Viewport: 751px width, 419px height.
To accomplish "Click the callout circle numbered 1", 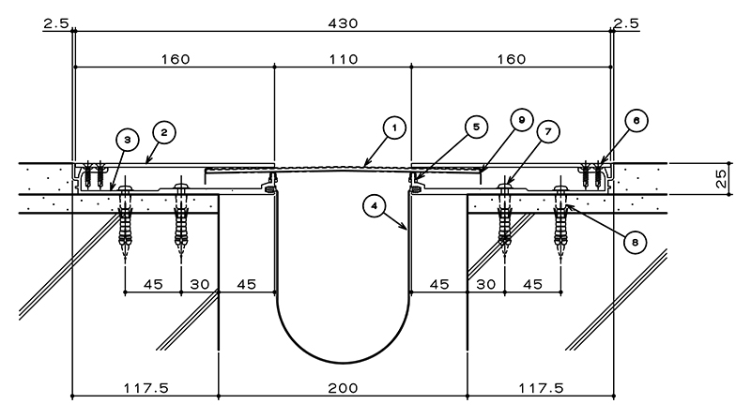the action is (x=394, y=127).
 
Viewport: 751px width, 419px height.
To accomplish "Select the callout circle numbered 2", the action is (x=164, y=132).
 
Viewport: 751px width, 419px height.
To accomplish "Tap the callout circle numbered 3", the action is (x=128, y=140).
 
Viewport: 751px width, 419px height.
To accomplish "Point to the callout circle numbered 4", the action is (x=375, y=206).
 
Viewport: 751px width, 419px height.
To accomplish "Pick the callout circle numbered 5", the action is (x=476, y=127).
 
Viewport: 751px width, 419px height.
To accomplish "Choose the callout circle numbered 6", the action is (x=636, y=121).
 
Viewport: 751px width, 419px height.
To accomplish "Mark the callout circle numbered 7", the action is (x=548, y=131).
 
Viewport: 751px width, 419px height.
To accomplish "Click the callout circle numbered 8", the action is (x=636, y=243).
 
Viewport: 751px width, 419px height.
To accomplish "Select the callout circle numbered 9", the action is (x=522, y=120).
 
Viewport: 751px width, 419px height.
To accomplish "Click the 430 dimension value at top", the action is (x=343, y=23).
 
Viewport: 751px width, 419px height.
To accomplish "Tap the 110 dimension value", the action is (x=344, y=59).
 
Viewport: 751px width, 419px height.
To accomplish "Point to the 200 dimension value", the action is (x=343, y=388).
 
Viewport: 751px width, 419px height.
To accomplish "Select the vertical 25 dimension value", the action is (x=721, y=178).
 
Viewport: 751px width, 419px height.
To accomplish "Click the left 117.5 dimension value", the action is (x=146, y=388).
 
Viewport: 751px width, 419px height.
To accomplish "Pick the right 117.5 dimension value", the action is (x=542, y=388).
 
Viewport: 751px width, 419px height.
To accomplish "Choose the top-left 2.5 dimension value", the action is (x=56, y=23).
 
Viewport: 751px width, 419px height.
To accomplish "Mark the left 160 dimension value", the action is (x=176, y=59).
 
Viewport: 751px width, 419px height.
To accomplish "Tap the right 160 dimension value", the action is (x=512, y=59).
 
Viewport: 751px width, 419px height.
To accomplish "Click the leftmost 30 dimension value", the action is (x=200, y=285).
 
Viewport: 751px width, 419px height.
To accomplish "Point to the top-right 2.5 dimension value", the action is (x=626, y=23).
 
